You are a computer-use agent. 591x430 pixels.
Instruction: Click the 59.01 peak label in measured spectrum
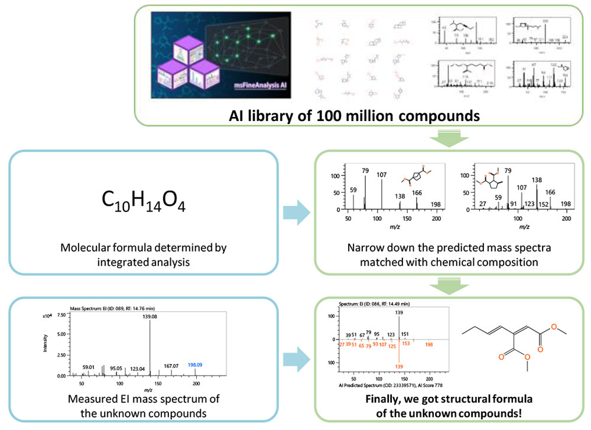(x=88, y=367)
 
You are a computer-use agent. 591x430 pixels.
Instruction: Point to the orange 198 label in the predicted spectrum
(x=429, y=344)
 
